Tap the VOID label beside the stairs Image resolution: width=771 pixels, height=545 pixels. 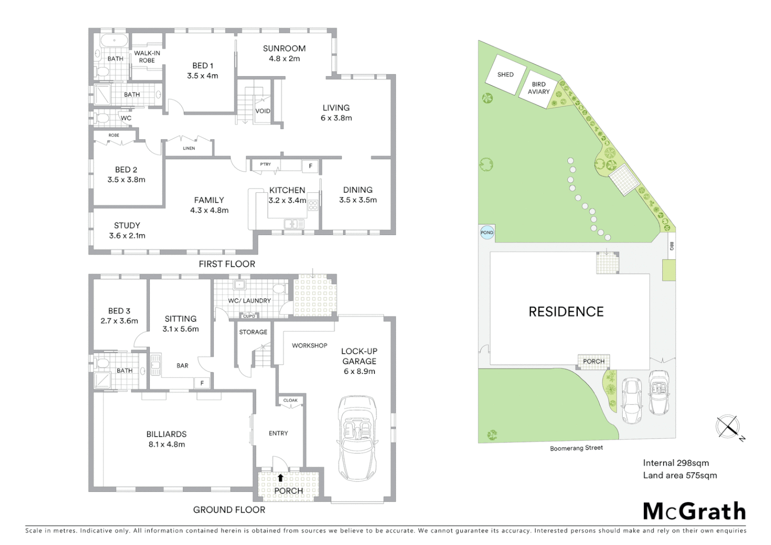tap(263, 111)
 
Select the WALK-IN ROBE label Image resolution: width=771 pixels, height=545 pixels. tap(147, 57)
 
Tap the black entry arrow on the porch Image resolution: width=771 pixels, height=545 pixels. tap(281, 477)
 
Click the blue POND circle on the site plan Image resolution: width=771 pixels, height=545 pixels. tap(487, 233)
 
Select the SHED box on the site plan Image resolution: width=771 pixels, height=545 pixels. tap(506, 75)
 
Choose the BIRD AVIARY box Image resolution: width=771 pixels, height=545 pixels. tap(539, 88)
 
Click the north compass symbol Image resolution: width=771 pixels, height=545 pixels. tap(728, 427)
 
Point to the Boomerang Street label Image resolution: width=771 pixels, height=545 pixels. tap(576, 448)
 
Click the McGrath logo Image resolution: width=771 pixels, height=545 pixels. tap(694, 512)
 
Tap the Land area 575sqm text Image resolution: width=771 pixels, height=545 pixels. tap(680, 475)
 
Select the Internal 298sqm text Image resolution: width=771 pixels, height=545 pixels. tap(676, 463)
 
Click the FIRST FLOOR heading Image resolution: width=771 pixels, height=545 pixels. tap(227, 264)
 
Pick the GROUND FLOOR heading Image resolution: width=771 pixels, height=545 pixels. tap(229, 510)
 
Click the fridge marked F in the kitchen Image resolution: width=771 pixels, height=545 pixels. tap(310, 166)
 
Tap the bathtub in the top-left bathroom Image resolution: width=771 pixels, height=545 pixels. tap(114, 41)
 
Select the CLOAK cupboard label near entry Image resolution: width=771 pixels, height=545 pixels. tap(290, 401)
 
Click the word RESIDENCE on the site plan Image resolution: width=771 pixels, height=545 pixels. tap(566, 312)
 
